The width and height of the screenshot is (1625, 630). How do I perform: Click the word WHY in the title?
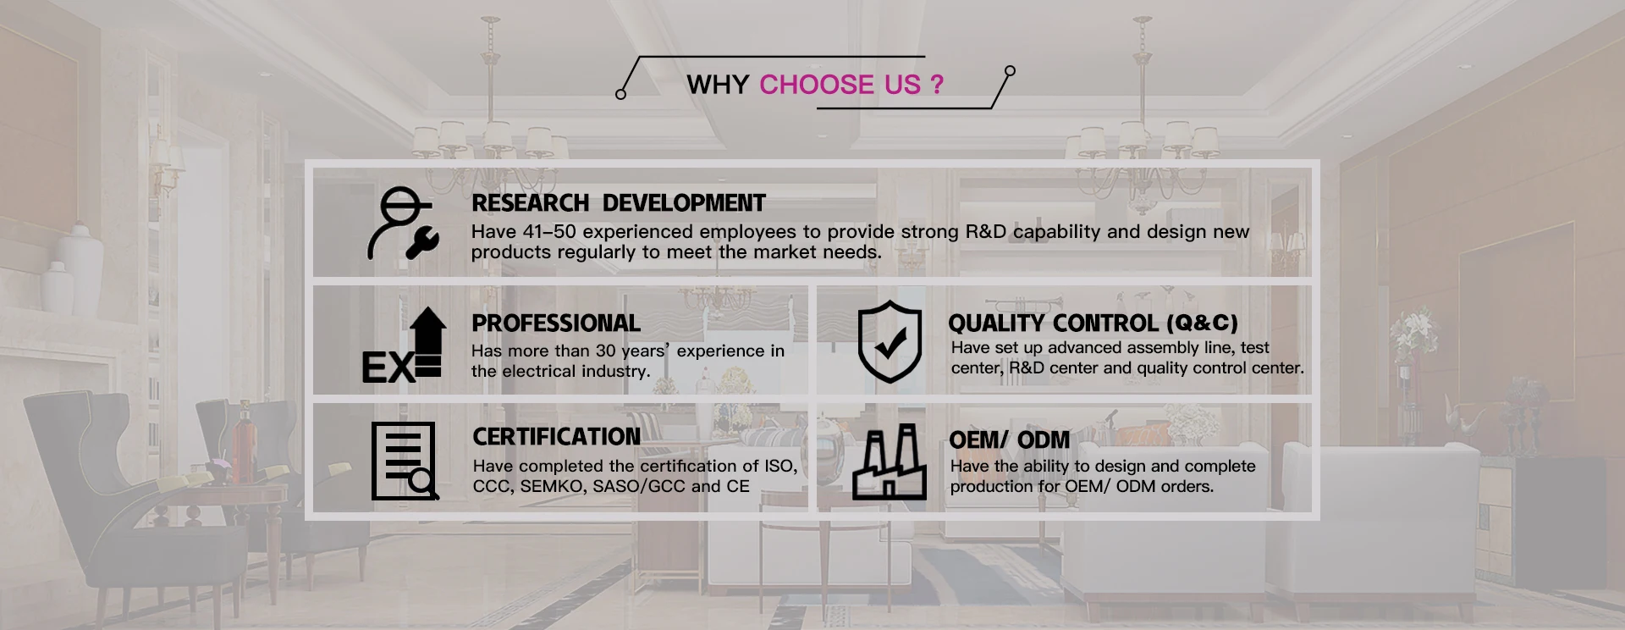coord(718,85)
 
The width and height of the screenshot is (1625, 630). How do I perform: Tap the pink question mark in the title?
coord(936,85)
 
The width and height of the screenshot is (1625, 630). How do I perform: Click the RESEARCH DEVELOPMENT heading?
coord(619,203)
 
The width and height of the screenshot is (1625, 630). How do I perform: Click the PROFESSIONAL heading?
coord(556,323)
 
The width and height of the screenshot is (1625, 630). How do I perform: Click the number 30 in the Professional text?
coord(605,351)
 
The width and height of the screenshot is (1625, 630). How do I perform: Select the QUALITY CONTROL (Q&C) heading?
coord(1093,323)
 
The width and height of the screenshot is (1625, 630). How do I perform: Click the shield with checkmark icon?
coord(890,341)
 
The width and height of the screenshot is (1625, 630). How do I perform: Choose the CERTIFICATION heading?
coord(557,437)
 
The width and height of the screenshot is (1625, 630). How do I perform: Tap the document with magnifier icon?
coord(405,461)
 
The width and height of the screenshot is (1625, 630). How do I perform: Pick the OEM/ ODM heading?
coord(1010,440)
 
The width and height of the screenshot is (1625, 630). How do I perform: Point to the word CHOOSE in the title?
coord(817,85)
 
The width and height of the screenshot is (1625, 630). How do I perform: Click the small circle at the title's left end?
coord(620,94)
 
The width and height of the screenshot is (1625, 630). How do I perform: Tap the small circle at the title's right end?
coord(1010,71)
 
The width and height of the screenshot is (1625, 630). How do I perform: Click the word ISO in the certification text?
coord(780,467)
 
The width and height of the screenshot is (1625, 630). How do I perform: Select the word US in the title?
coord(902,85)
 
